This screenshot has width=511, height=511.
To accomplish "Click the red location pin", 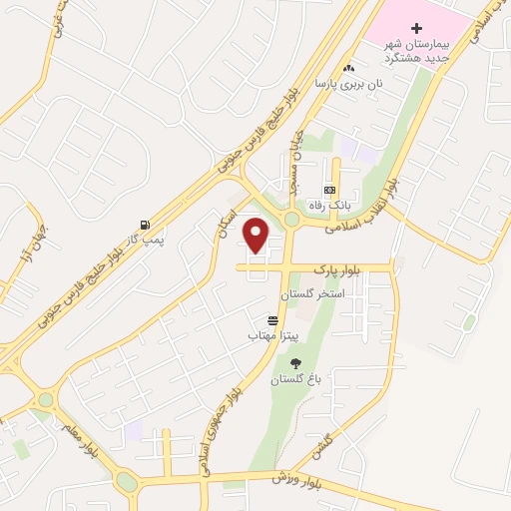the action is click(x=256, y=236).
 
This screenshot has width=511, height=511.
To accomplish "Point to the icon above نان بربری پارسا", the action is click(x=348, y=68).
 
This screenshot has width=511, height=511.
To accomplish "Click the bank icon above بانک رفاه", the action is click(x=329, y=190).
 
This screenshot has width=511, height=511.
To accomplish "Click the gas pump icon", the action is click(x=147, y=225).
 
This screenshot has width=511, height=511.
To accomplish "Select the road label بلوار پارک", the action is click(x=333, y=268).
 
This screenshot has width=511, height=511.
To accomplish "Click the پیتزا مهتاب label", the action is click(x=268, y=336).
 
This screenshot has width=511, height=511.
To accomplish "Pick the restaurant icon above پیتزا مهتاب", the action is click(x=272, y=319).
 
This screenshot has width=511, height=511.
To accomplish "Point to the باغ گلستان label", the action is click(x=294, y=380).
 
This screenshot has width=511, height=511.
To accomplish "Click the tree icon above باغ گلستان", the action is click(x=294, y=363).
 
